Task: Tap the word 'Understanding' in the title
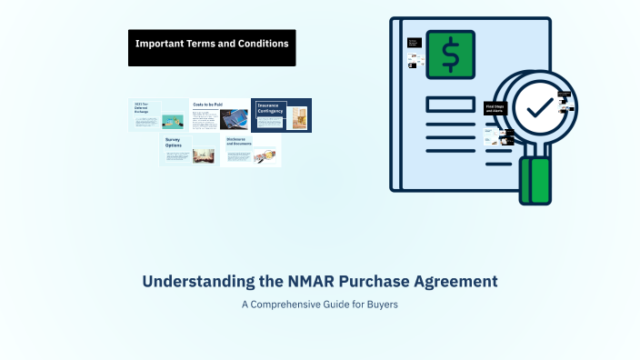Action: (186, 281)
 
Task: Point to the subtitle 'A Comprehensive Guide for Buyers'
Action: (320, 305)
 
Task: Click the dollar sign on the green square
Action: (450, 55)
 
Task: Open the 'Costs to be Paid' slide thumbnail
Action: (220, 115)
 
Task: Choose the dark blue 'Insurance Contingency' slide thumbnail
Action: (281, 115)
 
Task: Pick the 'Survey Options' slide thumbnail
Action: (188, 150)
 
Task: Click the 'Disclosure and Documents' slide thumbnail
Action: (251, 150)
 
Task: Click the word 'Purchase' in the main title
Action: (345, 281)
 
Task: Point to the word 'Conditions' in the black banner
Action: (263, 43)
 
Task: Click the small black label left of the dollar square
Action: (414, 43)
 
